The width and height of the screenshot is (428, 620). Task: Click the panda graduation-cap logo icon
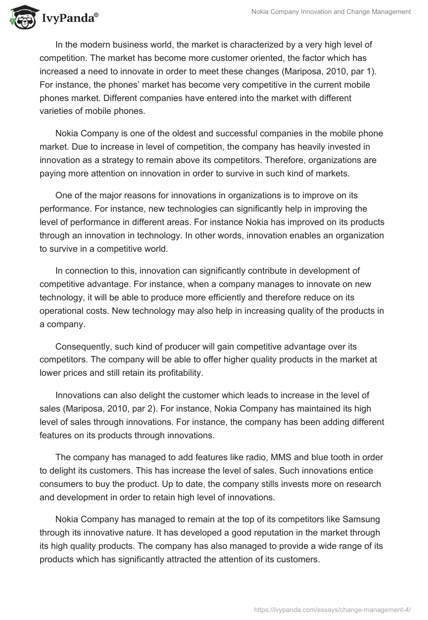[x=20, y=18]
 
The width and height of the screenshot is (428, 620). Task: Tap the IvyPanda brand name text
[x=68, y=19]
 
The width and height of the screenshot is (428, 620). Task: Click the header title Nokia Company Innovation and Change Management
[x=331, y=12]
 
